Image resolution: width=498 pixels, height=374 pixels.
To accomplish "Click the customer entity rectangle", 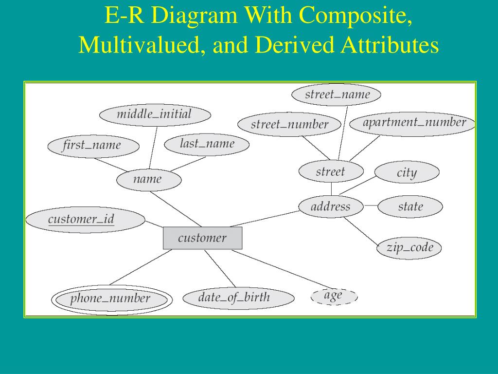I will pos(202,238).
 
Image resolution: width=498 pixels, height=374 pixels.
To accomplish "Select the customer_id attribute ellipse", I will pos(85,219).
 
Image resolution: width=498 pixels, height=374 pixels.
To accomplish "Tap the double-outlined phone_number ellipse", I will pos(112,299).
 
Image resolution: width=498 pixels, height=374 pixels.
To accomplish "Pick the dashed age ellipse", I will pos(334,296).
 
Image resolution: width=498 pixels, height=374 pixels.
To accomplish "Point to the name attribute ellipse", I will pos(149,180).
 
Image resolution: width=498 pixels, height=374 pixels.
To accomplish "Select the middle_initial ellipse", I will pos(155,115).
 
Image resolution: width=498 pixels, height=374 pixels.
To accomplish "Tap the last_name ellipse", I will pos(207,145).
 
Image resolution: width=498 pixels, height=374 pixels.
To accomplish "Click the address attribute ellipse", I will pos(331,206).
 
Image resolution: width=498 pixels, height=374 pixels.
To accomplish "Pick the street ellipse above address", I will pos(331,172).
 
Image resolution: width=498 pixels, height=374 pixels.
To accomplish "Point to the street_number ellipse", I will pos(290,125).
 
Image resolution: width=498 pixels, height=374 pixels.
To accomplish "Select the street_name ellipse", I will pos(337,94).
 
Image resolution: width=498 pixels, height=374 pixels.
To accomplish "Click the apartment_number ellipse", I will pos(413,123).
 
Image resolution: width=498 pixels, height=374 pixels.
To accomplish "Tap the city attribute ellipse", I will pos(407,173).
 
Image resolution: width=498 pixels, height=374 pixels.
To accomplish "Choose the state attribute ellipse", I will pos(410,207).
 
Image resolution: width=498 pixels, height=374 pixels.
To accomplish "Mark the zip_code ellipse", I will pos(409,248).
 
